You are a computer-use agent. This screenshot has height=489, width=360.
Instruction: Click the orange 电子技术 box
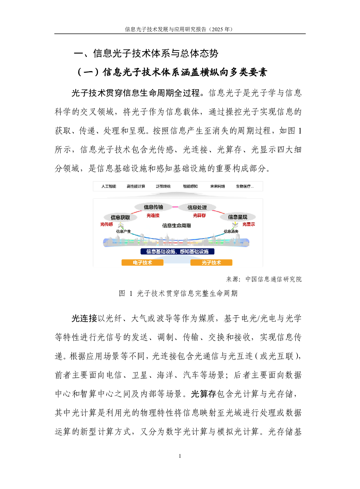click(x=142, y=262)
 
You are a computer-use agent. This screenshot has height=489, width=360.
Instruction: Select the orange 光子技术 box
click(x=211, y=262)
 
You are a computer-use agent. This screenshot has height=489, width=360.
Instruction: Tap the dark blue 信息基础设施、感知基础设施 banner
click(x=177, y=252)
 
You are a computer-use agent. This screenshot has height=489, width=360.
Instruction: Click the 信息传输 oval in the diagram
click(x=153, y=207)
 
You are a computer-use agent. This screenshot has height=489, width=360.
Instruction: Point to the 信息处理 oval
click(x=197, y=207)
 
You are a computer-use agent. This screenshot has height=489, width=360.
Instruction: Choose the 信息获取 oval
click(x=120, y=217)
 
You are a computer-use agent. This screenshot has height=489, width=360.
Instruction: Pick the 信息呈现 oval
click(x=238, y=217)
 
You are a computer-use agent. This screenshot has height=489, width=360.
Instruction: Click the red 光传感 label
click(x=106, y=224)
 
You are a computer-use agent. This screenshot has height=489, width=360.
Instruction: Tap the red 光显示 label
click(x=249, y=224)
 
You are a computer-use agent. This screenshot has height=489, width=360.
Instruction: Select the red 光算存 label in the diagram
click(x=199, y=216)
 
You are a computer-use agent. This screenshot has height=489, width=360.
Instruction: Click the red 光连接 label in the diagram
click(x=153, y=216)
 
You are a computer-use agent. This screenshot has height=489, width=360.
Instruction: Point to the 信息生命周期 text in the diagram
click(x=176, y=225)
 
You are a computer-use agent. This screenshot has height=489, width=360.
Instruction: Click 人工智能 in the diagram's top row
click(x=109, y=186)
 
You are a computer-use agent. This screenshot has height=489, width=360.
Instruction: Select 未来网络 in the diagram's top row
click(x=217, y=186)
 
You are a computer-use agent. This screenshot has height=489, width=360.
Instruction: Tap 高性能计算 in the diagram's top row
click(x=136, y=186)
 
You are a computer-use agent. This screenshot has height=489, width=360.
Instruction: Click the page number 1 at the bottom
click(x=180, y=456)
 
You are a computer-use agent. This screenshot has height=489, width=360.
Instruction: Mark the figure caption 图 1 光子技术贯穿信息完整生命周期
click(x=178, y=293)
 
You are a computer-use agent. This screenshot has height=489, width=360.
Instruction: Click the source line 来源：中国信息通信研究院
click(x=264, y=279)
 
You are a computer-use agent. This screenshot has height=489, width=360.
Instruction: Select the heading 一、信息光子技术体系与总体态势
click(x=146, y=53)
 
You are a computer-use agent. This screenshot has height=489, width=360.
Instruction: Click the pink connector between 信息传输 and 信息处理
click(x=175, y=207)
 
